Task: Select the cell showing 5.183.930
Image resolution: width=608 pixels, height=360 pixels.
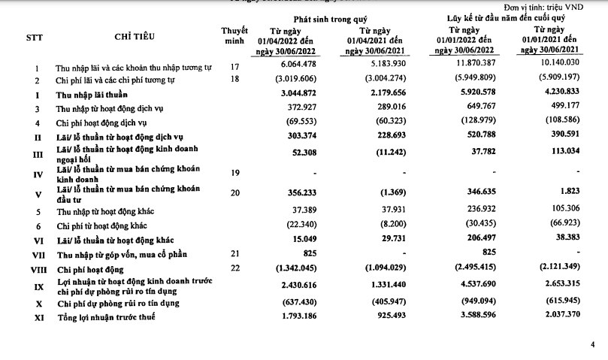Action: point(373,67)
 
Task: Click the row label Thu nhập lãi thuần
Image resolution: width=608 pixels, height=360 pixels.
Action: point(91,95)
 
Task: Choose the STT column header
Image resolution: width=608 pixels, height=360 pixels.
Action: point(35,36)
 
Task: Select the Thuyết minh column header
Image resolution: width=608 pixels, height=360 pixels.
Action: point(235,35)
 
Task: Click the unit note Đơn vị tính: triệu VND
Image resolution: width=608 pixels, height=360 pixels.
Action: point(555,6)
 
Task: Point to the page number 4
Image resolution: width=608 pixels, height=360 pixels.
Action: point(592,344)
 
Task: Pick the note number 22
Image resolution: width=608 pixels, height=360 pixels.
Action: point(235,268)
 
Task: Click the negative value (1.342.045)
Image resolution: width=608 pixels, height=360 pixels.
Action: point(283,268)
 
